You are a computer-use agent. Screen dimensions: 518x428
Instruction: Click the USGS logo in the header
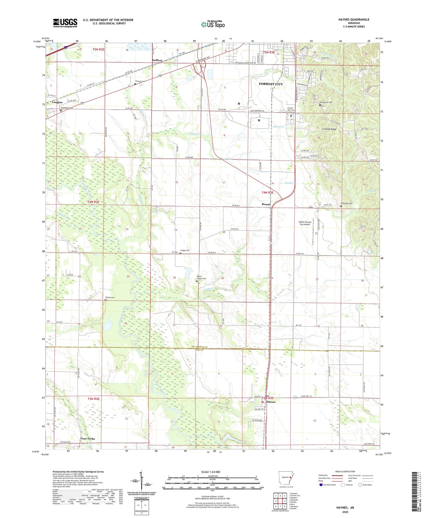click(x=65, y=23)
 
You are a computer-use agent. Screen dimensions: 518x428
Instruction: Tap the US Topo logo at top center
click(x=213, y=24)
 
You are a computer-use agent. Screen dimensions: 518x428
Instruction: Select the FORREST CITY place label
click(x=270, y=84)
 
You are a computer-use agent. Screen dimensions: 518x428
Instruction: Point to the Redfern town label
click(x=157, y=60)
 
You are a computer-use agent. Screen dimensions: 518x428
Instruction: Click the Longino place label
click(x=57, y=102)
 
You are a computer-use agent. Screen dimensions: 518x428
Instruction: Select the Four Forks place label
click(x=88, y=438)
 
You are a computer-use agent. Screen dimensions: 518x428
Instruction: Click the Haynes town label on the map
click(x=271, y=402)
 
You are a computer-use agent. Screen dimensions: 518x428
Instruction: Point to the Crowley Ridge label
click(x=329, y=129)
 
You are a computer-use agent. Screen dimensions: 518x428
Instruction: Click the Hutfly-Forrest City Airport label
click(x=305, y=223)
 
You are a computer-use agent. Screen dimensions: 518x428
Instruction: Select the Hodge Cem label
click(x=185, y=250)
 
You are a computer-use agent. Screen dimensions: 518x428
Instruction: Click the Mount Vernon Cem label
click(x=201, y=277)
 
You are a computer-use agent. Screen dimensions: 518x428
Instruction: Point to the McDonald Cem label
click(x=346, y=203)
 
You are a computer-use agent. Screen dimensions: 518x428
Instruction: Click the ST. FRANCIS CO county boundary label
click(x=200, y=347)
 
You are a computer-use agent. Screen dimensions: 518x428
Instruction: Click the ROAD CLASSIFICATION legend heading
click(x=345, y=471)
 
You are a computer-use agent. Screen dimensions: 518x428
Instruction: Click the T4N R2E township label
click(x=93, y=202)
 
